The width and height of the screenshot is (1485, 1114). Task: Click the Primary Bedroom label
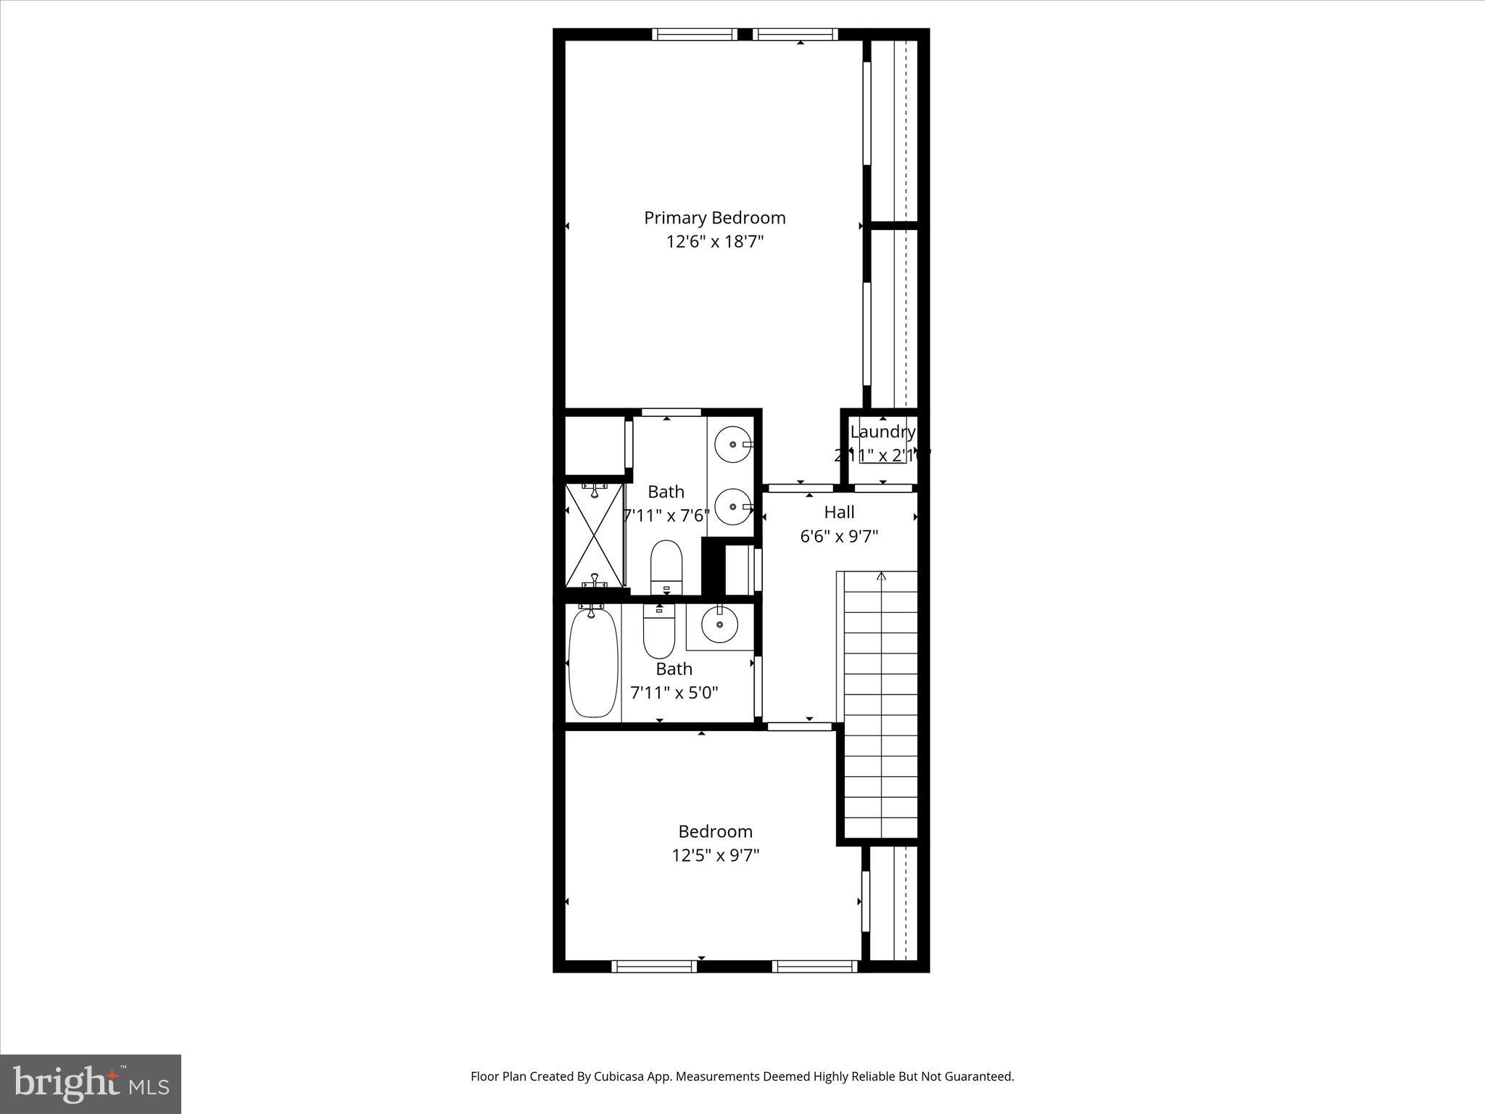pyautogui.click(x=714, y=218)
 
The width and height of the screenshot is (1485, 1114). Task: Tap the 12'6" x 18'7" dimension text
pyautogui.click(x=715, y=242)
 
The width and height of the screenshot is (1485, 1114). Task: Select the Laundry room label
pyautogui.click(x=882, y=432)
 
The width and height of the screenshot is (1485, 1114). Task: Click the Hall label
pyautogui.click(x=839, y=512)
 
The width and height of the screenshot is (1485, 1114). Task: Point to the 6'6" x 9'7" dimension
pyautogui.click(x=839, y=537)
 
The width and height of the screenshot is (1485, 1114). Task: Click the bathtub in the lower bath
pyautogui.click(x=593, y=663)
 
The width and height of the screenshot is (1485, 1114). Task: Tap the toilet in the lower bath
pyautogui.click(x=659, y=630)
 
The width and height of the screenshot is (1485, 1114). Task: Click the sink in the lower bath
pyautogui.click(x=719, y=624)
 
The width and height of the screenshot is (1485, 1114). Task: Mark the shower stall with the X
pyautogui.click(x=594, y=535)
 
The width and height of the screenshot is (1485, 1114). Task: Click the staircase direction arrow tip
pyautogui.click(x=881, y=575)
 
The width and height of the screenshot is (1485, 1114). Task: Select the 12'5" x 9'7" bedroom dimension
pyautogui.click(x=715, y=856)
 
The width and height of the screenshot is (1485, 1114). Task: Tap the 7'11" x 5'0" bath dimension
pyautogui.click(x=674, y=693)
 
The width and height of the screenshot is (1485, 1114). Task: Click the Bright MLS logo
pyautogui.click(x=91, y=1084)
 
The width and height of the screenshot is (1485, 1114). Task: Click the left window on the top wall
pyautogui.click(x=694, y=34)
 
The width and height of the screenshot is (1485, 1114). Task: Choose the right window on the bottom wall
pyautogui.click(x=814, y=965)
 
